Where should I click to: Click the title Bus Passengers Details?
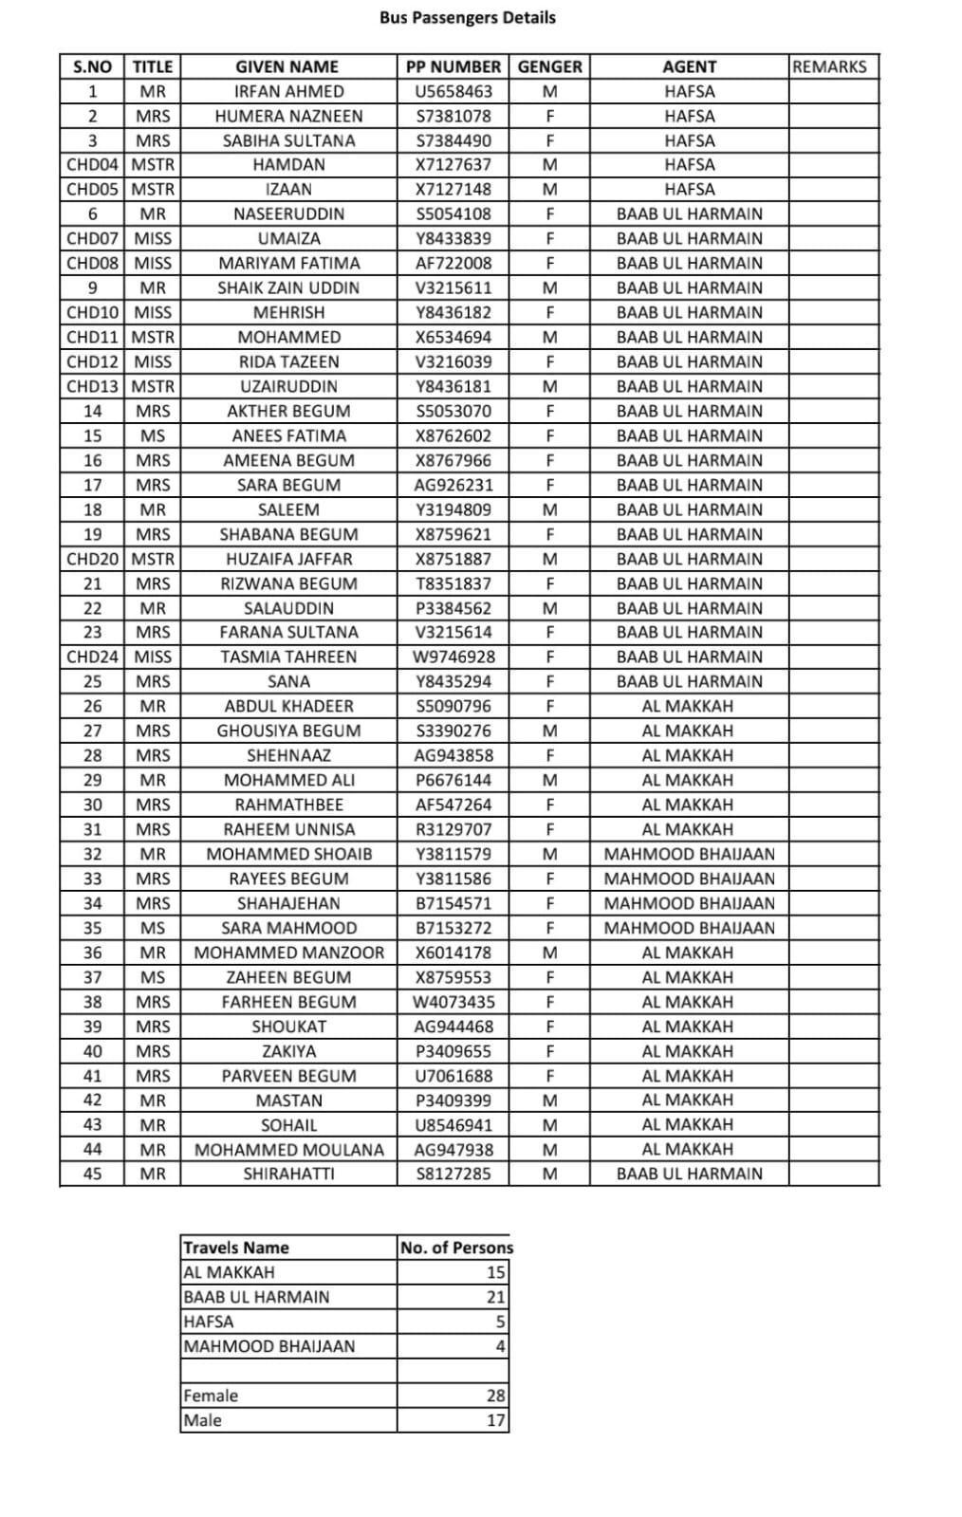[467, 17]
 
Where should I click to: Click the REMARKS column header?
[829, 66]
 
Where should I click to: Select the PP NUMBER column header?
[453, 66]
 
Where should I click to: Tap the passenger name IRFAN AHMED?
[288, 91]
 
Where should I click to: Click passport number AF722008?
[453, 263]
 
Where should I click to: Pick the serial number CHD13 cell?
[92, 386]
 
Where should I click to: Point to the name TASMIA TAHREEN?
[288, 657]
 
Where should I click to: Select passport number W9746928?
[453, 657]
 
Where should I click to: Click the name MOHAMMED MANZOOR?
[288, 953]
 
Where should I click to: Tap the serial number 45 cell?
[92, 1174]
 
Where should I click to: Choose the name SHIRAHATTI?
[288, 1174]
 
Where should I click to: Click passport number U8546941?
[453, 1124]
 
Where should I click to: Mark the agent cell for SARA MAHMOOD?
[689, 928]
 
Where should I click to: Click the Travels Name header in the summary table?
[236, 1248]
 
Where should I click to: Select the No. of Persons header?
[456, 1248]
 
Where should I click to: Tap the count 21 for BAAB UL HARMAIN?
[495, 1297]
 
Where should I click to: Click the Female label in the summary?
[211, 1396]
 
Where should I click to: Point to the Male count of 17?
[495, 1420]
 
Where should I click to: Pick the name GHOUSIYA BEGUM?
[288, 731]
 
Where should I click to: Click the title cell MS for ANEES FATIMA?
[152, 435]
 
